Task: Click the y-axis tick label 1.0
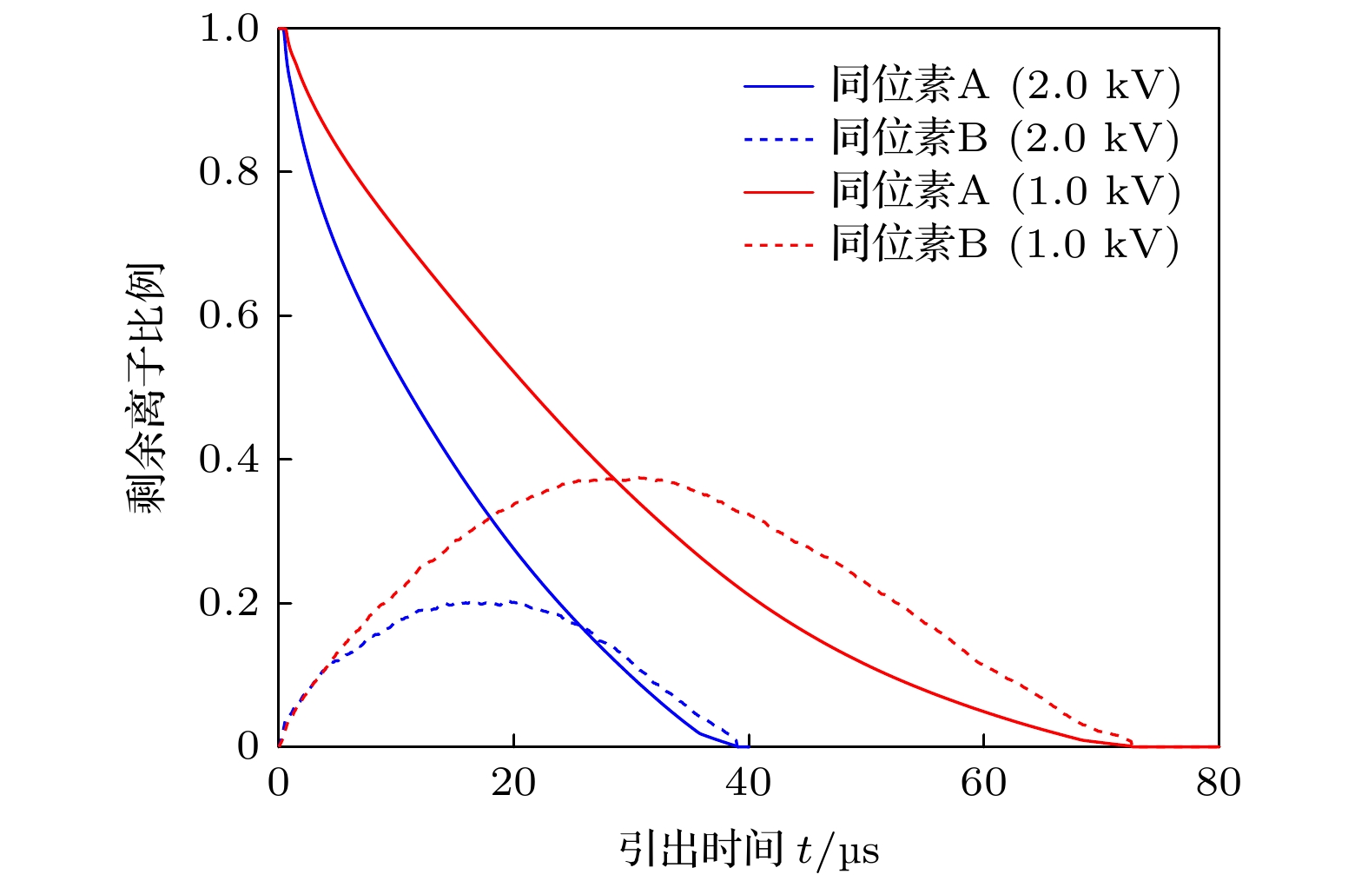(x=229, y=29)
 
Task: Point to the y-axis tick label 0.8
(x=229, y=172)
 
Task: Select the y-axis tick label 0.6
(x=229, y=315)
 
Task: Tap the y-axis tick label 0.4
(x=229, y=459)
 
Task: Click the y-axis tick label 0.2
(x=229, y=603)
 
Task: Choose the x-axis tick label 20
(x=513, y=784)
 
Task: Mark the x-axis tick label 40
(x=748, y=784)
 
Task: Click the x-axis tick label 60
(x=983, y=784)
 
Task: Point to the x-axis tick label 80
(x=1219, y=784)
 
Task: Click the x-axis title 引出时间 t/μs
(x=749, y=849)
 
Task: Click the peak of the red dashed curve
(x=638, y=477)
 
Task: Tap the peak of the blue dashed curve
(x=486, y=601)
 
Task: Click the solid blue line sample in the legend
(x=778, y=86)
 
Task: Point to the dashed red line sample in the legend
(x=778, y=245)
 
